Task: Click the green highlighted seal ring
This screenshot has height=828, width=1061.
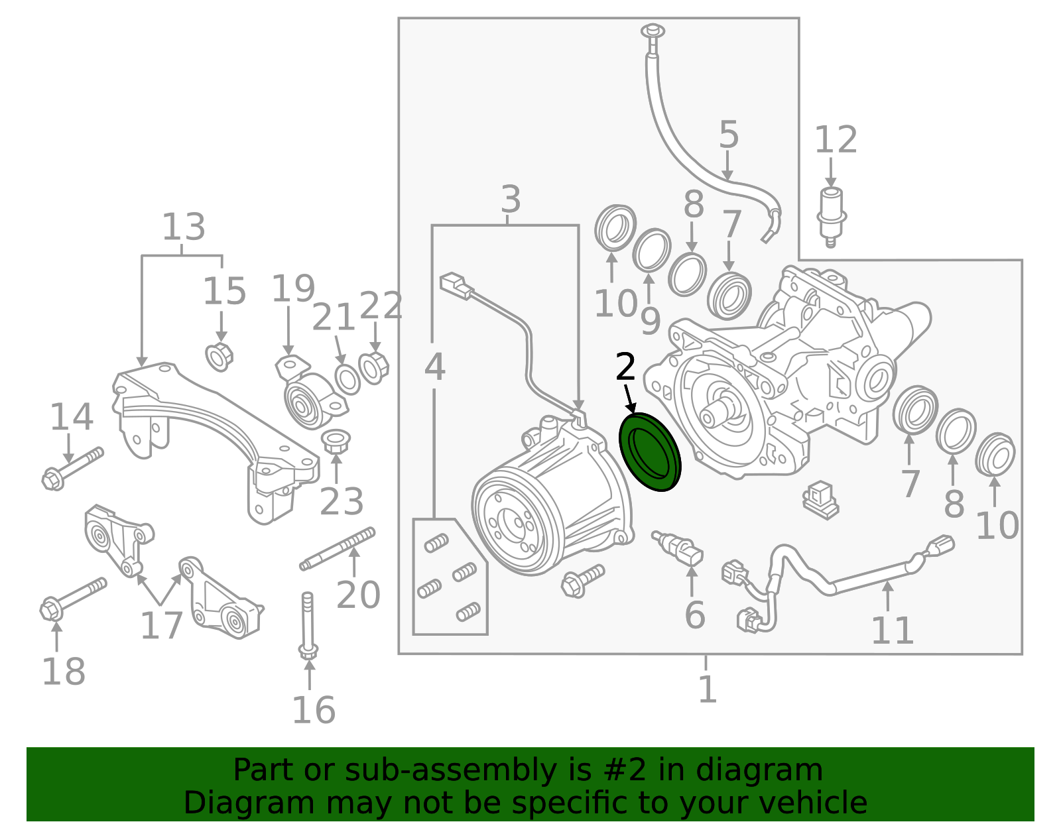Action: pos(650,452)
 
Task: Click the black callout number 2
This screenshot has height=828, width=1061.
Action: pos(625,367)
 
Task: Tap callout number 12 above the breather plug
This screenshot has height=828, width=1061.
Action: pos(836,140)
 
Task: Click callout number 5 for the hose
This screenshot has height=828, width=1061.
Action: pos(728,135)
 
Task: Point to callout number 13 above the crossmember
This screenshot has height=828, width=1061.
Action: pos(183,227)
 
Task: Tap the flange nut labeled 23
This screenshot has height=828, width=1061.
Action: pos(335,442)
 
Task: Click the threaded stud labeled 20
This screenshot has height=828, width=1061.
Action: pos(338,548)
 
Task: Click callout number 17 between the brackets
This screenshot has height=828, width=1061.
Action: pos(161,626)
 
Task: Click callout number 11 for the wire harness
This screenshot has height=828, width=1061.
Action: pos(892,630)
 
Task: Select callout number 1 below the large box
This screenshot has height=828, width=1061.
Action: pos(707,689)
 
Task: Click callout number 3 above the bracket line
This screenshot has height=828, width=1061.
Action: pos(510,199)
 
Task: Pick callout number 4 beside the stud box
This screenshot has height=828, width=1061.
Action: pos(434,367)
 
